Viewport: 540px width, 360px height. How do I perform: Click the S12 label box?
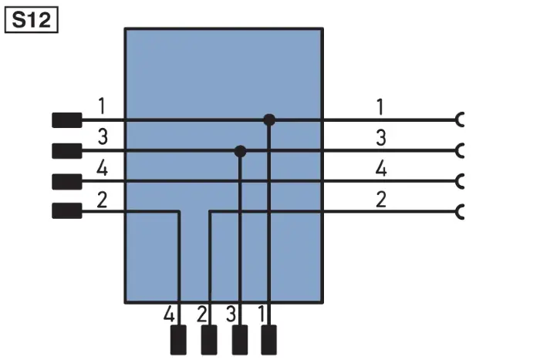(32, 20)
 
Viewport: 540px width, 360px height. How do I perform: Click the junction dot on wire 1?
(269, 119)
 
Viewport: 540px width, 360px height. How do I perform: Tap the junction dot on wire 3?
(240, 151)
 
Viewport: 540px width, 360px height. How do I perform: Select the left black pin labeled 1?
(67, 120)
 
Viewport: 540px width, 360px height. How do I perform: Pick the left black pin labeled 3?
(67, 151)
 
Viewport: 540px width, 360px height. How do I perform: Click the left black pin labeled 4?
(67, 182)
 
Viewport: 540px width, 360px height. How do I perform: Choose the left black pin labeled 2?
(67, 210)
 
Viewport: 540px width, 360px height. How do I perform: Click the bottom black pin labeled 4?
(178, 340)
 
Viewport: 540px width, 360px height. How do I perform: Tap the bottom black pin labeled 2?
(209, 340)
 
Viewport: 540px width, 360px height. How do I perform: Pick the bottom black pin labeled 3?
(240, 340)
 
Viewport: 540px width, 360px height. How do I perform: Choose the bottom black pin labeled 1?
(268, 340)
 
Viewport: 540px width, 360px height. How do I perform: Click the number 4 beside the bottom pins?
(169, 315)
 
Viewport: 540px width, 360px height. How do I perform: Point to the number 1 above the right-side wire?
(380, 107)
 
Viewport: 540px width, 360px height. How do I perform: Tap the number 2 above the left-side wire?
(102, 200)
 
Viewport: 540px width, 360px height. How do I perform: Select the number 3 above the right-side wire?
(380, 138)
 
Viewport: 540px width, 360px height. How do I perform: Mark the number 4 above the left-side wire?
(102, 169)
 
